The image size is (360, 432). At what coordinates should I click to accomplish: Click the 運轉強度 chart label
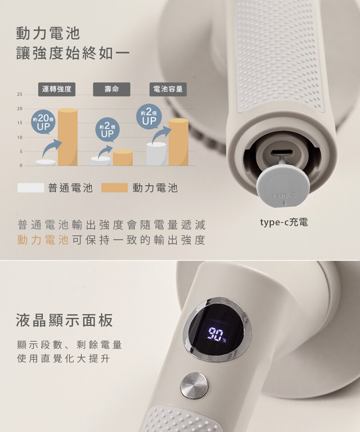[57, 89]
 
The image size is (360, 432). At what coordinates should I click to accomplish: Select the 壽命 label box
[112, 89]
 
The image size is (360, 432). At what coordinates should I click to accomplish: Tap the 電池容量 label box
[168, 89]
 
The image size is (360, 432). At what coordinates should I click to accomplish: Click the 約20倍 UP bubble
[43, 122]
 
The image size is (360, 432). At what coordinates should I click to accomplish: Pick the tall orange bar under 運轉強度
[67, 137]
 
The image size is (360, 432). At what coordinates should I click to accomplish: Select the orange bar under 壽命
[123, 158]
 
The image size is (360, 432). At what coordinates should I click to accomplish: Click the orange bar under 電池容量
[178, 142]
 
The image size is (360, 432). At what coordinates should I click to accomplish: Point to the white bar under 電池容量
[156, 154]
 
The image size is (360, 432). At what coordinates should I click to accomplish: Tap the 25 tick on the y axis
[19, 95]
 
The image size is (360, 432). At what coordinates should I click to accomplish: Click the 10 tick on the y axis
[19, 137]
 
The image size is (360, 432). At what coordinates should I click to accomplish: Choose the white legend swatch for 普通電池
[31, 187]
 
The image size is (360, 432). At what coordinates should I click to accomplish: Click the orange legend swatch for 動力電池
[115, 187]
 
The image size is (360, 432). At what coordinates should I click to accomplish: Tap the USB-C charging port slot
[281, 152]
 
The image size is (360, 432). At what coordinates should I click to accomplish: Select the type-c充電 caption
[284, 222]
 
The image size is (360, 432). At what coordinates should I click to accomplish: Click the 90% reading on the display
[217, 334]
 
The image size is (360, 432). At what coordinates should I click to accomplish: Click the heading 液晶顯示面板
[64, 320]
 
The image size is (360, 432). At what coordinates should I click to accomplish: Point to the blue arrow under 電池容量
[161, 134]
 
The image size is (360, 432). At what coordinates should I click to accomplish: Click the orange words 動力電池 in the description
[43, 240]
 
